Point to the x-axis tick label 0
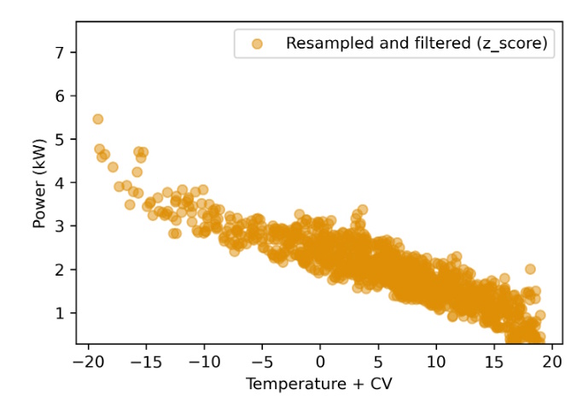click(320, 362)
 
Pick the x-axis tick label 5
click(378, 362)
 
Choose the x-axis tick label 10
click(436, 362)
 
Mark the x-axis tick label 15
click(494, 362)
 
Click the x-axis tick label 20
click(552, 362)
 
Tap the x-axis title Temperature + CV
click(320, 384)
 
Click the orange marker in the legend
click(257, 43)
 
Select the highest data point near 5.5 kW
click(98, 119)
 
